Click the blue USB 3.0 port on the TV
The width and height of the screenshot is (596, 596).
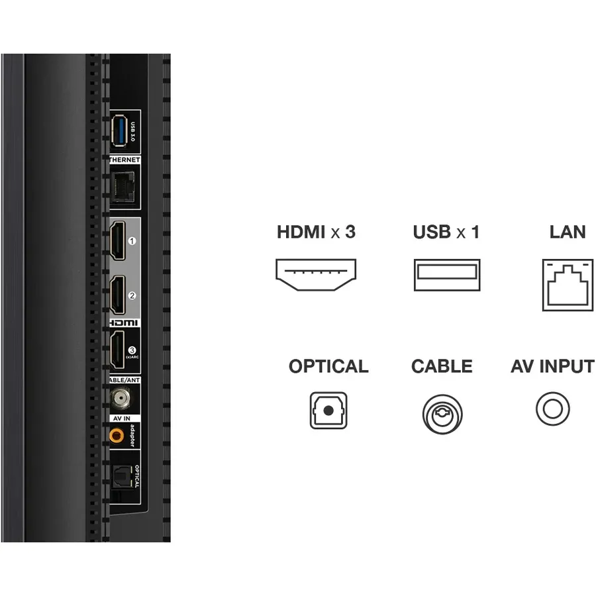[x=119, y=130]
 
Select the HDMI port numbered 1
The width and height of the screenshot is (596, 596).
[x=118, y=240]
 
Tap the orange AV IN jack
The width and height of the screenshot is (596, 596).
[x=117, y=434]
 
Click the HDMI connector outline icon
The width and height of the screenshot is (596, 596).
[x=316, y=275]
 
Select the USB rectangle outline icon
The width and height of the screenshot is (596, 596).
[x=447, y=275]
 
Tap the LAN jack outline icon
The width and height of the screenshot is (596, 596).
[x=568, y=285]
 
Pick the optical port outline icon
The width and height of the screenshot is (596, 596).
[x=328, y=411]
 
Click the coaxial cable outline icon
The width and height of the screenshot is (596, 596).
[x=442, y=415]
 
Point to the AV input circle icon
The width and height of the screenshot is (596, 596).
[x=552, y=409]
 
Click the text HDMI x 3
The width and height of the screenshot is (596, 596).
[x=316, y=232]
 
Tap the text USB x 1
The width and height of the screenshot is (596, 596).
[x=446, y=232]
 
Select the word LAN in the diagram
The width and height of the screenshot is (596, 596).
[x=568, y=232]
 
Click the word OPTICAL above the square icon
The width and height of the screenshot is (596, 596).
[x=328, y=366]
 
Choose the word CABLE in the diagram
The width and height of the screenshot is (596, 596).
[x=442, y=366]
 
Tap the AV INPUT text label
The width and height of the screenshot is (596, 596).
[x=552, y=366]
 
